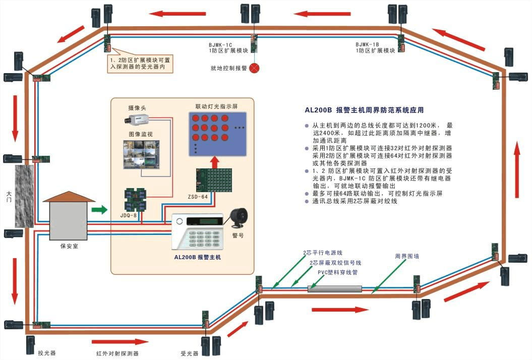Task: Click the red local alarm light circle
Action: pos(254,68)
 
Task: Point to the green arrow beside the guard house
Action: pos(101,209)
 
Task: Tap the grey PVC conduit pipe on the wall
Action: pos(335,289)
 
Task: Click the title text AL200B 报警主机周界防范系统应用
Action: pos(364,110)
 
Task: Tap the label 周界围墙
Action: pos(406,256)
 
